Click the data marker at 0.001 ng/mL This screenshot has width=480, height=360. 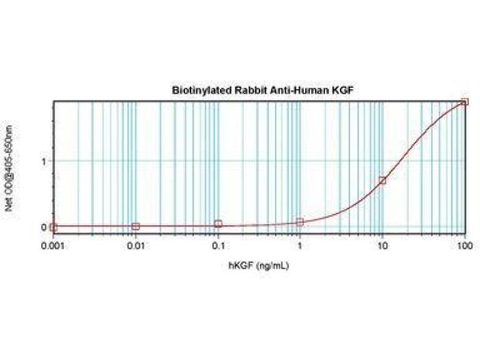coord(53,227)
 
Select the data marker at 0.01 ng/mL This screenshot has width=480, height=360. coord(136,226)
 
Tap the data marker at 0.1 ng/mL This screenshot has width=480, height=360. coord(218,224)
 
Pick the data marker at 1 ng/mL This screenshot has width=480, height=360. coord(300,222)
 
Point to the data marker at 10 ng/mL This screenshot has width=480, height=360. coord(382,180)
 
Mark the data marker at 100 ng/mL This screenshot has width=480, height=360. coord(464,102)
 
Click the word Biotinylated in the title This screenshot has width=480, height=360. coord(192,91)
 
